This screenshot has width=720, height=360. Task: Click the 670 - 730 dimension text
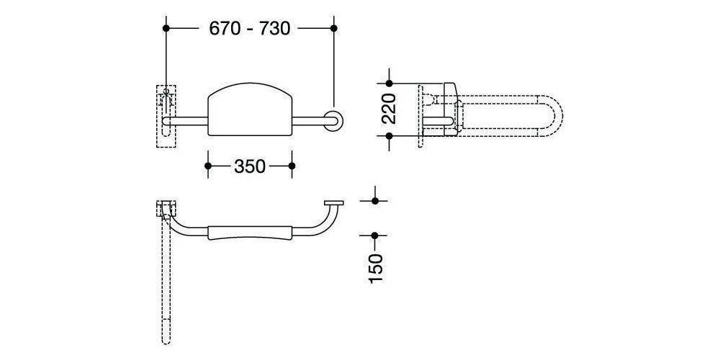click(249, 29)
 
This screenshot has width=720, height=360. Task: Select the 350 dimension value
click(250, 166)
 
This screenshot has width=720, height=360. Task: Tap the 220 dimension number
click(389, 109)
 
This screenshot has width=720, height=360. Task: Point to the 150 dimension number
click(375, 268)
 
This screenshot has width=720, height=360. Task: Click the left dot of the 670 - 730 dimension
click(166, 29)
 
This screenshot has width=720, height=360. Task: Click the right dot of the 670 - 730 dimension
click(334, 29)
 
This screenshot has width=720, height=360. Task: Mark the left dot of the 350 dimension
click(208, 166)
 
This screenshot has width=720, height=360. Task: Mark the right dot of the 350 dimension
click(292, 166)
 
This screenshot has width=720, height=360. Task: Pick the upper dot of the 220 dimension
click(390, 84)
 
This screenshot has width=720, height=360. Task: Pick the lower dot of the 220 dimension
click(390, 136)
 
